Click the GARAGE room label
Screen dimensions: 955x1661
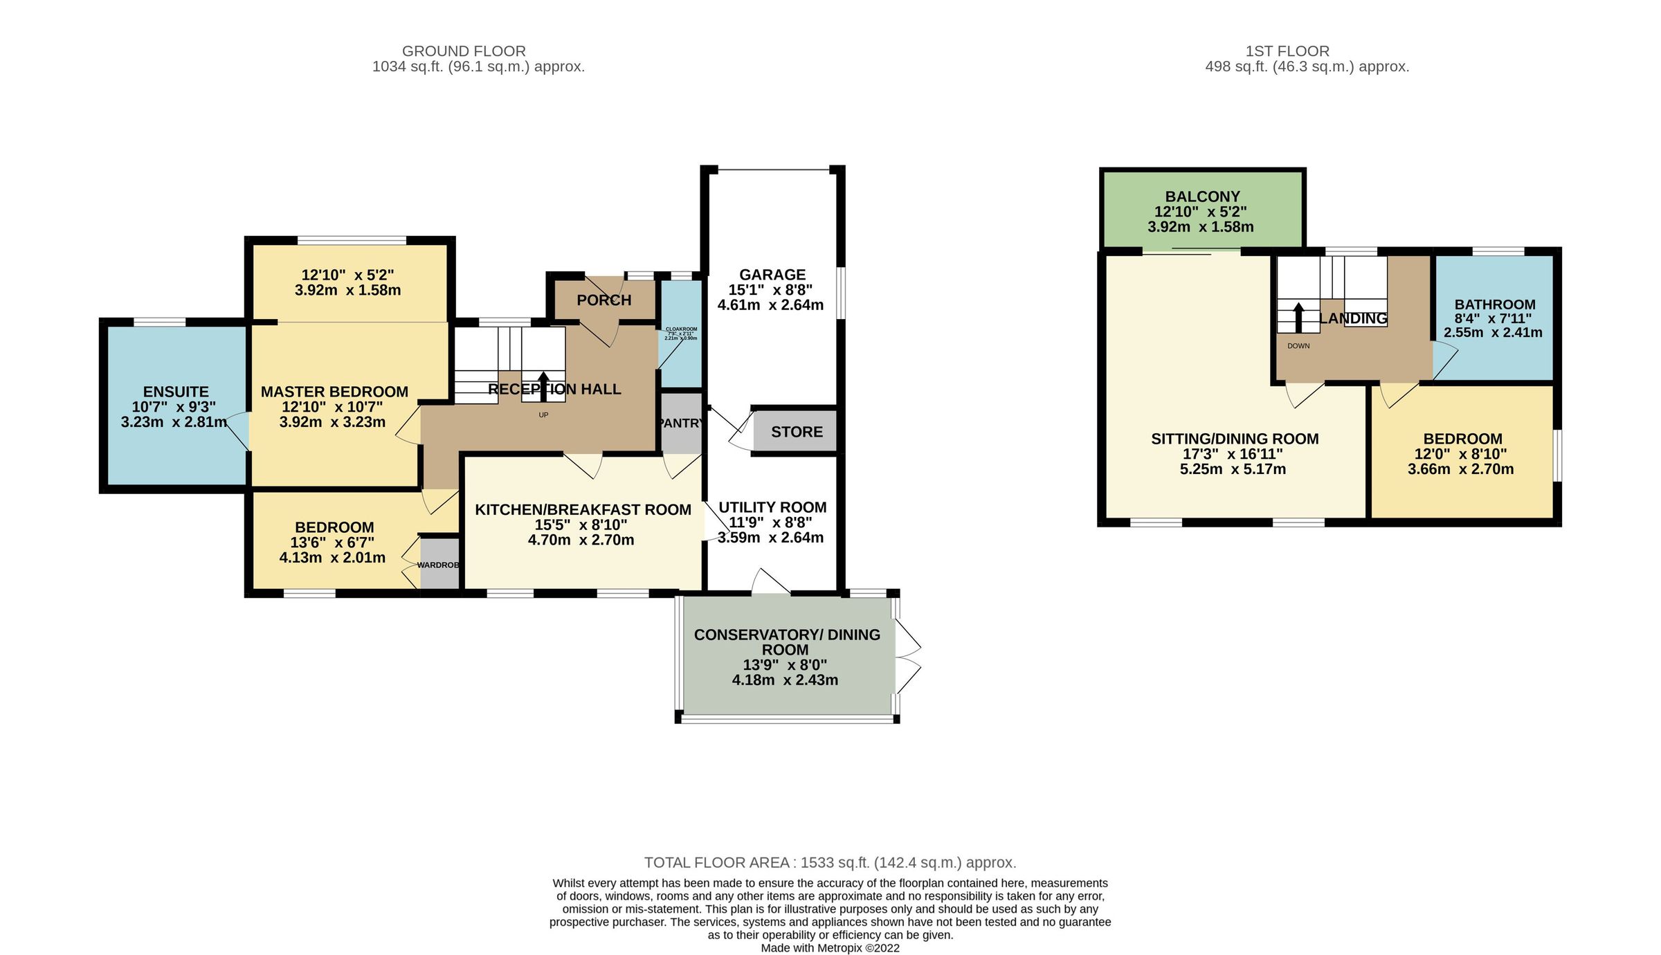(x=772, y=275)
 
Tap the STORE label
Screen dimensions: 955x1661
(x=797, y=432)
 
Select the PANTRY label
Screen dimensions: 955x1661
(x=681, y=423)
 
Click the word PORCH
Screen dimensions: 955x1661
(x=603, y=300)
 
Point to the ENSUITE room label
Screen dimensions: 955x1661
(x=176, y=392)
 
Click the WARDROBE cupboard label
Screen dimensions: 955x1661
(x=438, y=565)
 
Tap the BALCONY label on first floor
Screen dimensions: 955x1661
(x=1202, y=197)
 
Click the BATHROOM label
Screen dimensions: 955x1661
(x=1494, y=304)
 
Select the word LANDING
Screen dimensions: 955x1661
(x=1353, y=318)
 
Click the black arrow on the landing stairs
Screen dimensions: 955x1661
(x=1298, y=317)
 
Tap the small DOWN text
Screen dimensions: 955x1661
(x=1298, y=346)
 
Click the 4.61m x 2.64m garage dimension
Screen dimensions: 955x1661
(x=770, y=305)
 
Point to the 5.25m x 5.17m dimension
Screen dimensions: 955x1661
(x=1233, y=469)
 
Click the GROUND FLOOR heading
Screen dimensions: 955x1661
(x=464, y=51)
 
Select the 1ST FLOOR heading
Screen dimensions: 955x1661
(x=1287, y=51)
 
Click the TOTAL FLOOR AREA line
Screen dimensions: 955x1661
(x=830, y=863)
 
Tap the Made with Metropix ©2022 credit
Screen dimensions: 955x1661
(x=830, y=948)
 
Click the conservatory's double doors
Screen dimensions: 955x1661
(x=907, y=656)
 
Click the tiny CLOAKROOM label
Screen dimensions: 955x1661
(x=681, y=329)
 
